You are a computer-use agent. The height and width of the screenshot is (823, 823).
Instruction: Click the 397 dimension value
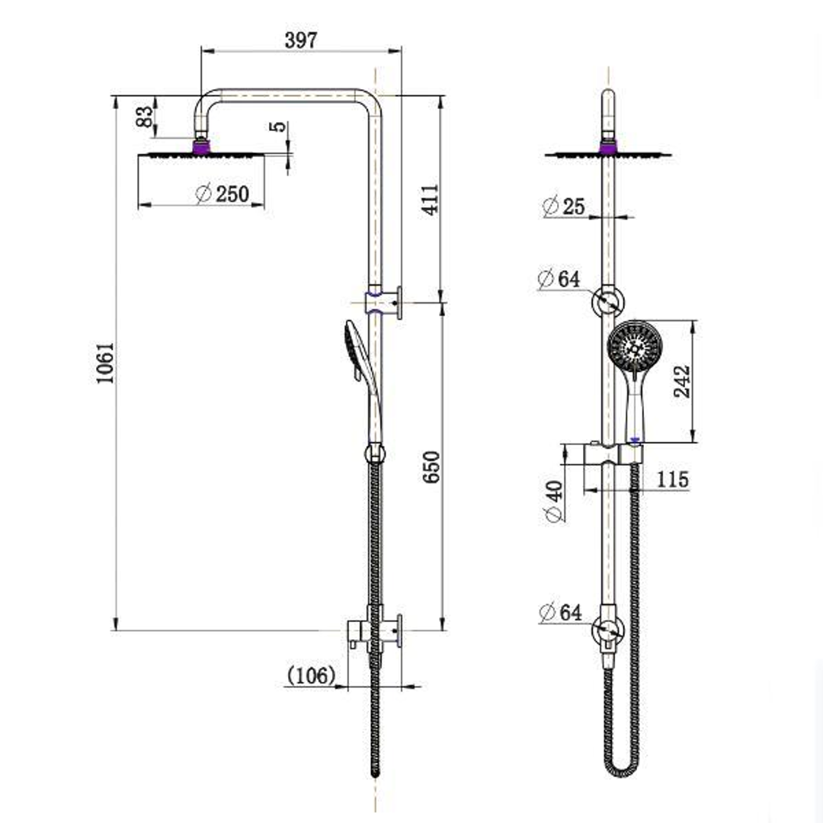pos(300,40)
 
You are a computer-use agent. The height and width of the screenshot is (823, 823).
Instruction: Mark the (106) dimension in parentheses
pos(311,675)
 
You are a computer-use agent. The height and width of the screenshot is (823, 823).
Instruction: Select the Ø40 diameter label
pos(554,501)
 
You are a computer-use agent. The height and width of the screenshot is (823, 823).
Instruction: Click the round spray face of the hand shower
pos(632,345)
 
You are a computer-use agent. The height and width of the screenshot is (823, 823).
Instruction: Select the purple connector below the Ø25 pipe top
pos(608,146)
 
